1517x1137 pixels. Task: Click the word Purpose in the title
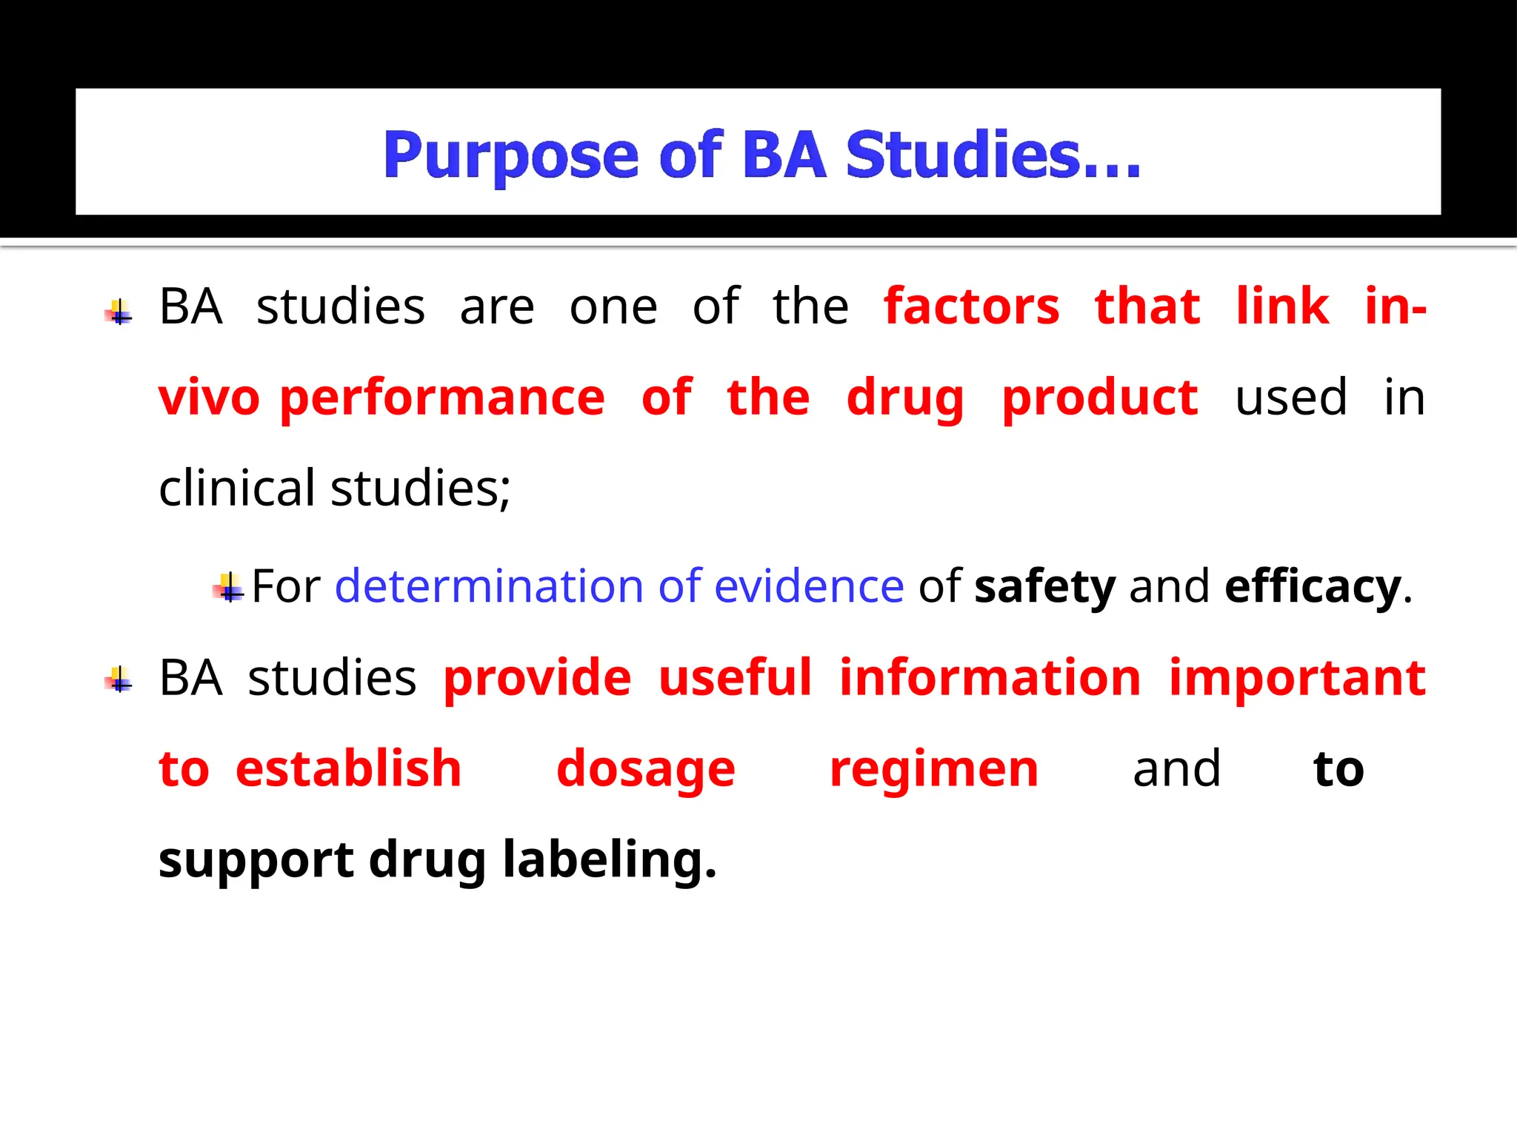point(510,155)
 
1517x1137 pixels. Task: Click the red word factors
point(972,306)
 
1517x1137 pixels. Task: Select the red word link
point(1283,306)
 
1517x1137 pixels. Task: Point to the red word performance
point(442,398)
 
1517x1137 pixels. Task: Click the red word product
point(1100,398)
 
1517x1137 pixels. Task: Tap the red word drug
point(905,398)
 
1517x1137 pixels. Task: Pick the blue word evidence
point(809,586)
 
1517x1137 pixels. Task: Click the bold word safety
point(1044,586)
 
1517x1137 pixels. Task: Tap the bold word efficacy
point(1313,586)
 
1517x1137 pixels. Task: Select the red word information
point(990,678)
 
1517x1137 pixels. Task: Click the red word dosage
point(646,769)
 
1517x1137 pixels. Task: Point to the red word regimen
point(934,769)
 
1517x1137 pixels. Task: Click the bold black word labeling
point(610,860)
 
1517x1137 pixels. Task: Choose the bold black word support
point(256,862)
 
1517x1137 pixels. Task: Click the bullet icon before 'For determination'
point(229,588)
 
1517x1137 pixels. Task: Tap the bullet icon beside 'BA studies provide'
point(119,680)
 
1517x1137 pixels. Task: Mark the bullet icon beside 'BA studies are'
point(119,312)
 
